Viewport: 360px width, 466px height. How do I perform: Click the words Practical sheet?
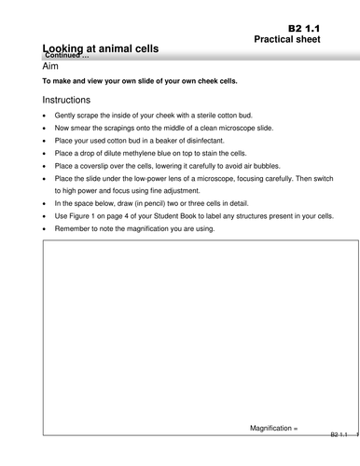(295, 43)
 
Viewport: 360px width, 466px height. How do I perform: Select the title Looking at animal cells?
(101, 48)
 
